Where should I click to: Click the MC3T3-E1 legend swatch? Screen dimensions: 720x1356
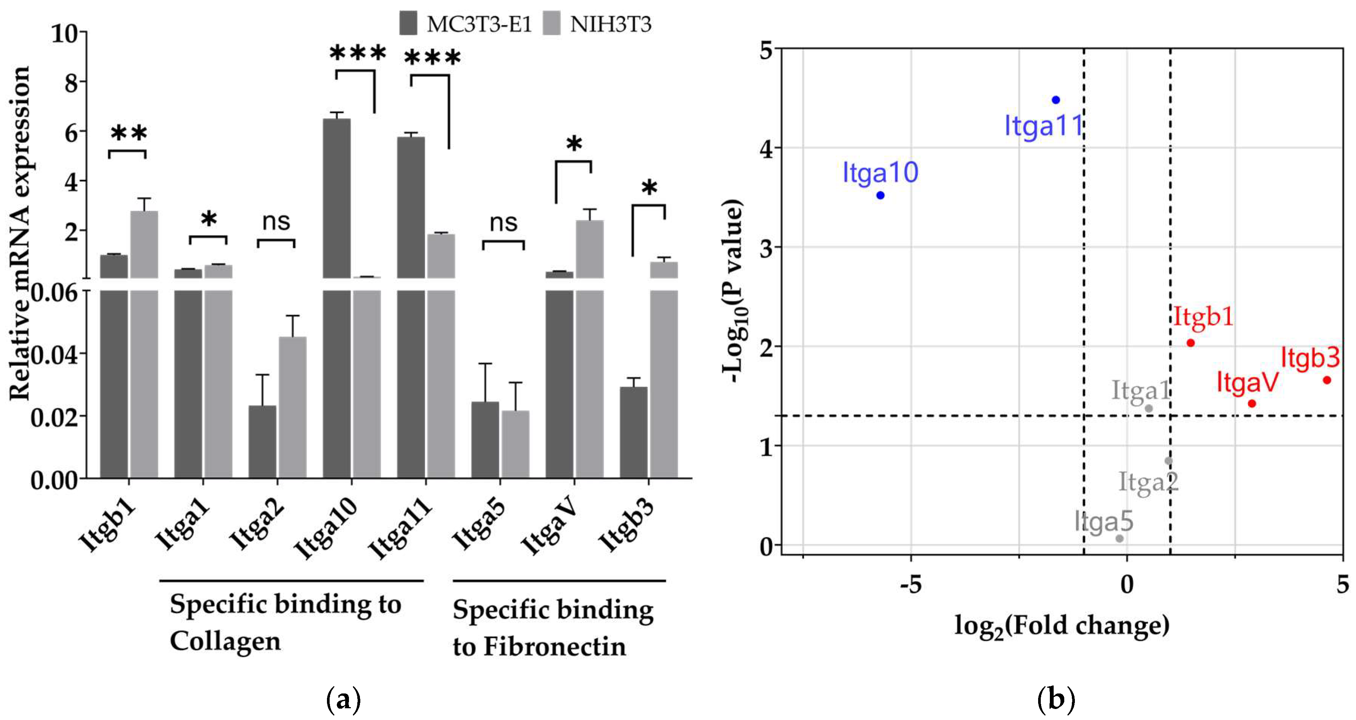[x=408, y=24]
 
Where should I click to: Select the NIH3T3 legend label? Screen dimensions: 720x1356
[x=611, y=24]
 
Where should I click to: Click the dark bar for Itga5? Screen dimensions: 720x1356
[x=485, y=439]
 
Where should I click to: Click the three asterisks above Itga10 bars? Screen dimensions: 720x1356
[x=358, y=53]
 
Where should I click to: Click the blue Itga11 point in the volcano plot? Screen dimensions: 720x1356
[x=1056, y=100]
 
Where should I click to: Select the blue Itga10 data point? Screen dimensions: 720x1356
[x=880, y=195]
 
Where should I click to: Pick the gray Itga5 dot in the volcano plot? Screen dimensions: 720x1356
[x=1120, y=538]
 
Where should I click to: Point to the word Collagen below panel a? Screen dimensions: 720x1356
[x=225, y=642]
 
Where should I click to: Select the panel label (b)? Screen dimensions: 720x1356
[x=1056, y=700]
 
